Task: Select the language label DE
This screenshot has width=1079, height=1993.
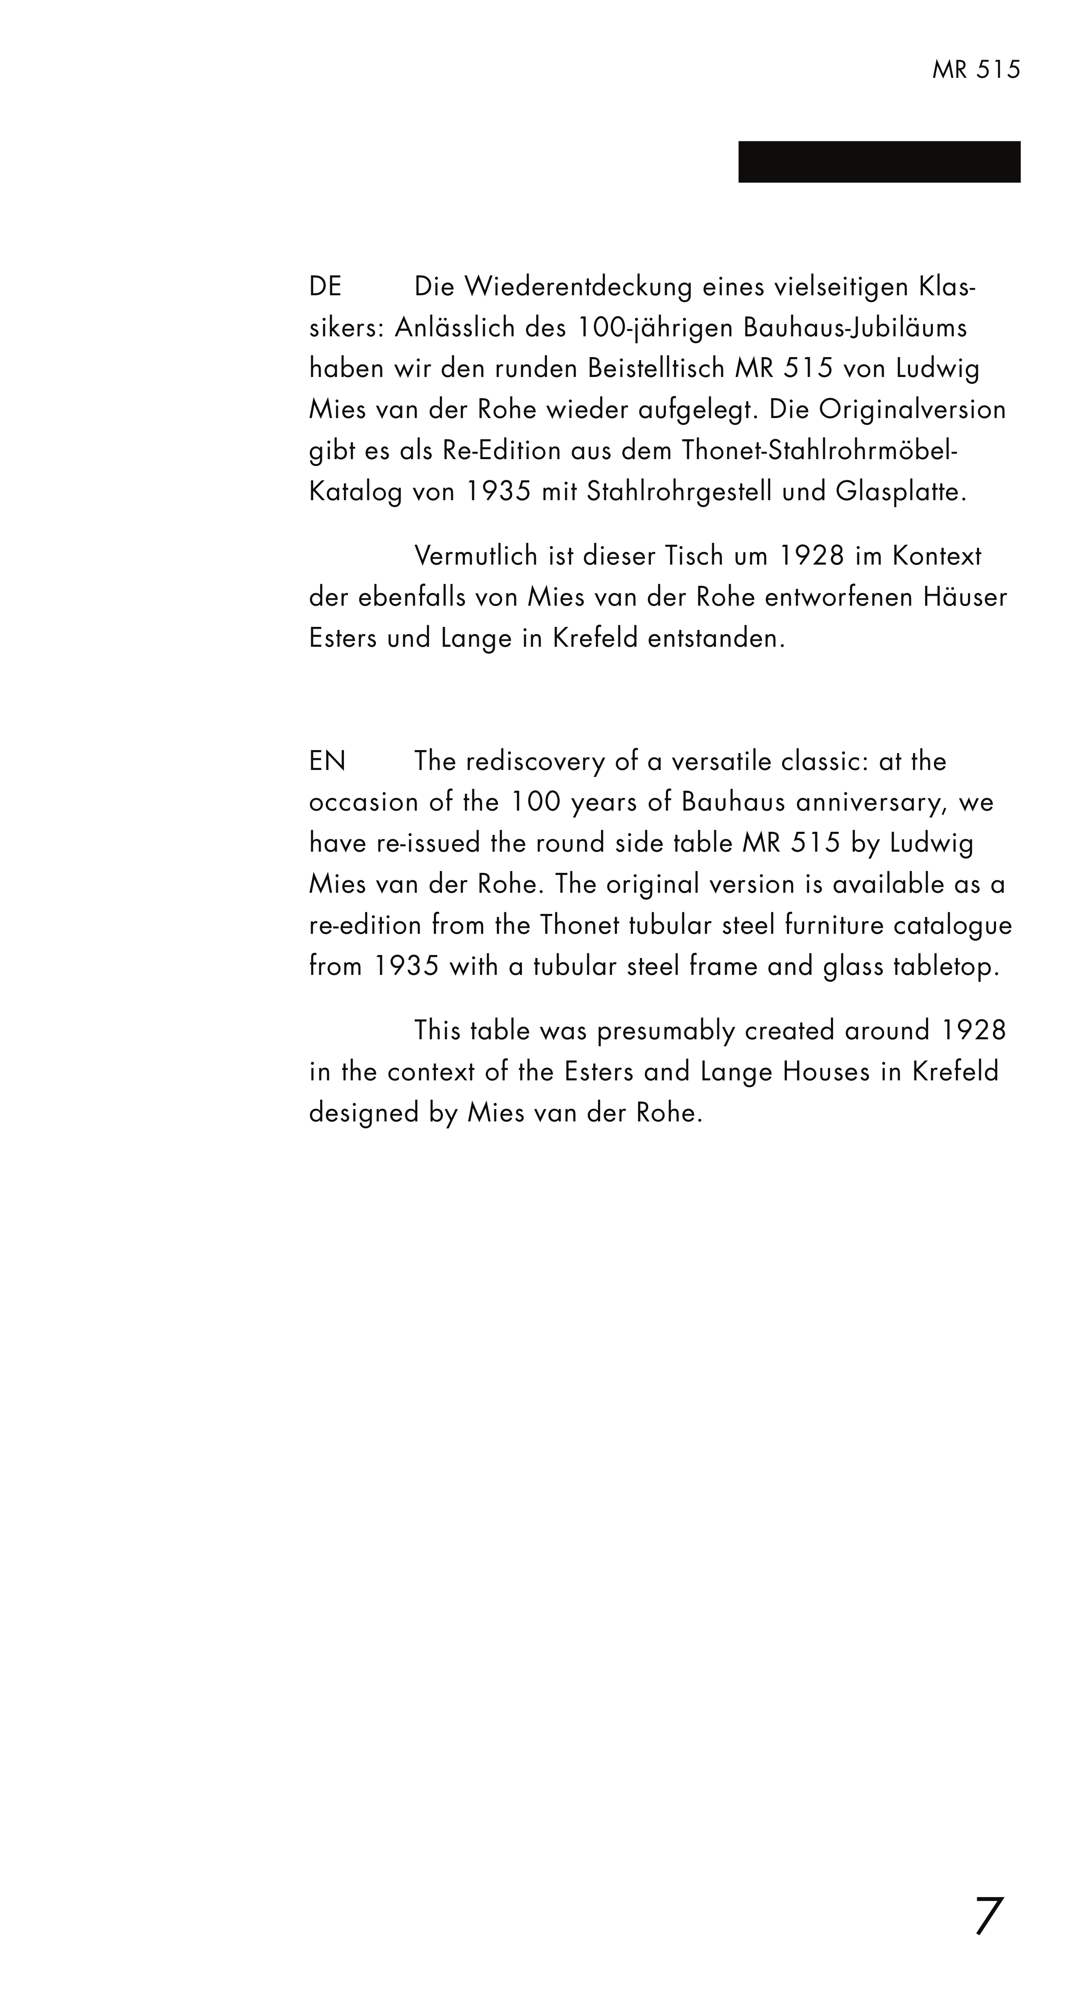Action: [325, 287]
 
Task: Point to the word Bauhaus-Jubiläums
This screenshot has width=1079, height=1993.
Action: [855, 328]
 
